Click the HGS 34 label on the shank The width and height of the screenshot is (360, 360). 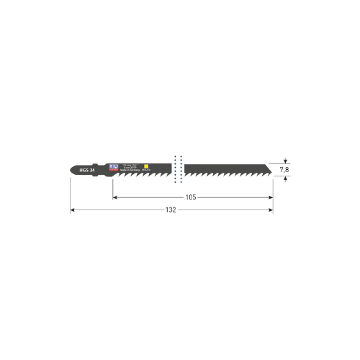(86, 169)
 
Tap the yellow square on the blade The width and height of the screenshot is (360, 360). (146, 167)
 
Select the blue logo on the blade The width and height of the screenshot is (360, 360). (112, 166)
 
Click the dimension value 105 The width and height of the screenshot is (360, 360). (192, 197)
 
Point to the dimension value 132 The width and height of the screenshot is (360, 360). (171, 210)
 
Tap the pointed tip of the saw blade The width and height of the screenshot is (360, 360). (272, 169)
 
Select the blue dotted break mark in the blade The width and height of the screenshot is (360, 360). (179, 168)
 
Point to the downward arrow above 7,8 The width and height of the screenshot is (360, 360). (286, 161)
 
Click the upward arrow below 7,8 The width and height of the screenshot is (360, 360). (286, 178)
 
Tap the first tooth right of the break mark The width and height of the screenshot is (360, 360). (189, 174)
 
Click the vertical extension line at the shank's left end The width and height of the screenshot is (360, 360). (71, 194)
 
